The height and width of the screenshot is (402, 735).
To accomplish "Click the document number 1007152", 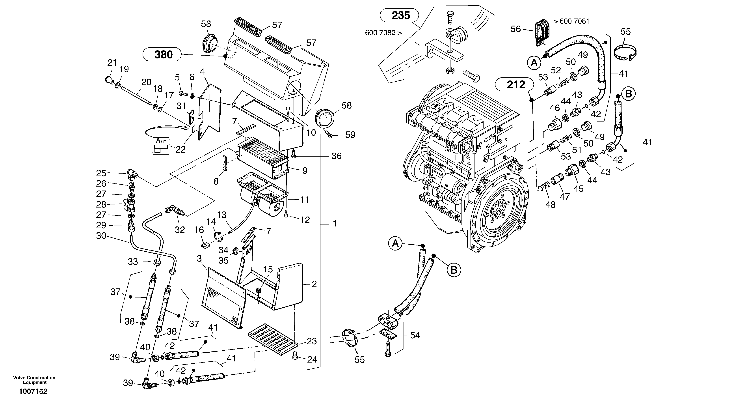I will point(33,391).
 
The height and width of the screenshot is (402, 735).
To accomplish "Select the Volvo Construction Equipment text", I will point(34,380).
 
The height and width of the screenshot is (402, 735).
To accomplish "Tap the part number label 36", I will point(336,156).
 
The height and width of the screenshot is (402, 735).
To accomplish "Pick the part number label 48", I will point(550,204).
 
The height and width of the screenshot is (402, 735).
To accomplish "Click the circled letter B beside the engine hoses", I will point(454,270).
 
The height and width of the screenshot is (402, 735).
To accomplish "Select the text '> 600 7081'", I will point(571,21).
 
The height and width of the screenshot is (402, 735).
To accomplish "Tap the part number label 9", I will point(305,171).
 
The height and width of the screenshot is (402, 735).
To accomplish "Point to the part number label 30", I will point(101,236).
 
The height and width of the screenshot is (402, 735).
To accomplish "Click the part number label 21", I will point(112,63).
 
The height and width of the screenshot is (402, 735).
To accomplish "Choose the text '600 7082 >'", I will point(383,33).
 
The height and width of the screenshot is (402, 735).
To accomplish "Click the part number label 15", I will point(268,269).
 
